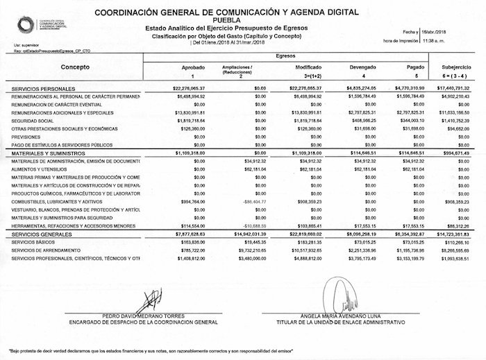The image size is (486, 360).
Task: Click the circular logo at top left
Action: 26,26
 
